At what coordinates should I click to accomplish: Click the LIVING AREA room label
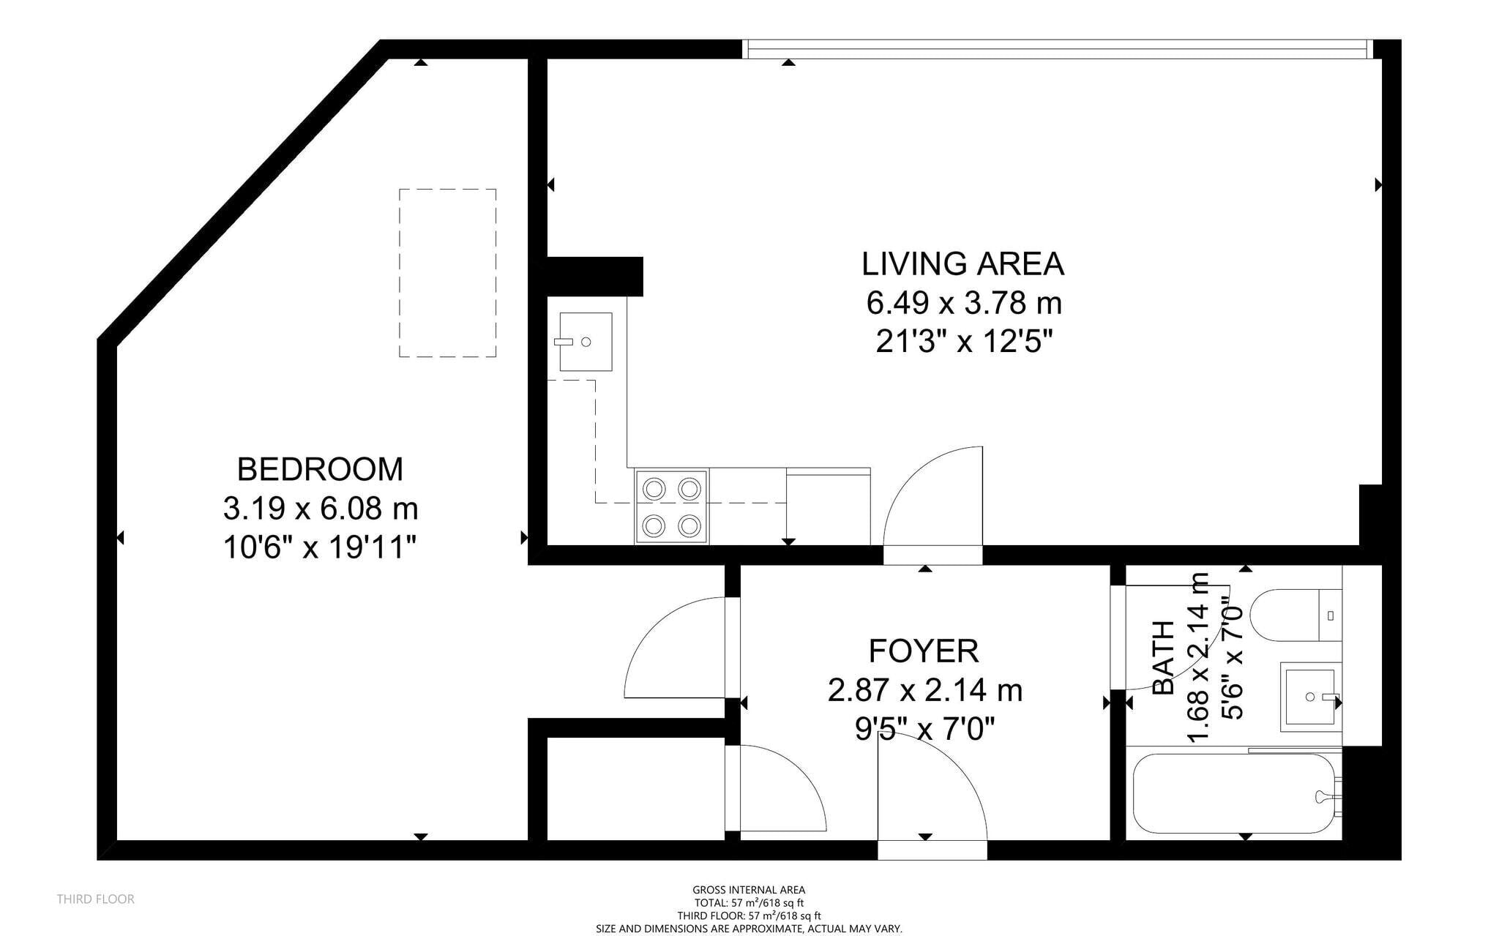(962, 264)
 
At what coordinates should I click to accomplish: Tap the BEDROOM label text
(320, 469)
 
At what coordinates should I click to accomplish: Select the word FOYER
(924, 651)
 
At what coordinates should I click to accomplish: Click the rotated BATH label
(1163, 657)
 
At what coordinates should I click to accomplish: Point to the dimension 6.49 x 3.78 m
(963, 303)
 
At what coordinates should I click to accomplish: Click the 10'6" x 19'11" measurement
(320, 547)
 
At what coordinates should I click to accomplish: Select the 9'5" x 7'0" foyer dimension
(924, 729)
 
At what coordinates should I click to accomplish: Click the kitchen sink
(585, 342)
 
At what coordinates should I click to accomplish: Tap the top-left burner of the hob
(654, 488)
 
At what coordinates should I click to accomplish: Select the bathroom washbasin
(1308, 697)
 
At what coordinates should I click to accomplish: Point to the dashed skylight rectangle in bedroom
(447, 273)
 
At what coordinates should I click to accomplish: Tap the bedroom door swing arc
(673, 648)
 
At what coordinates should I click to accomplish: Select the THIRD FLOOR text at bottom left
(96, 899)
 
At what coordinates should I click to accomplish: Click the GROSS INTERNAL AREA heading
(748, 890)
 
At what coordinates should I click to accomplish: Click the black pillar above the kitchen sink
(594, 276)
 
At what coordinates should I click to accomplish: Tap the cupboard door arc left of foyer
(780, 790)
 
